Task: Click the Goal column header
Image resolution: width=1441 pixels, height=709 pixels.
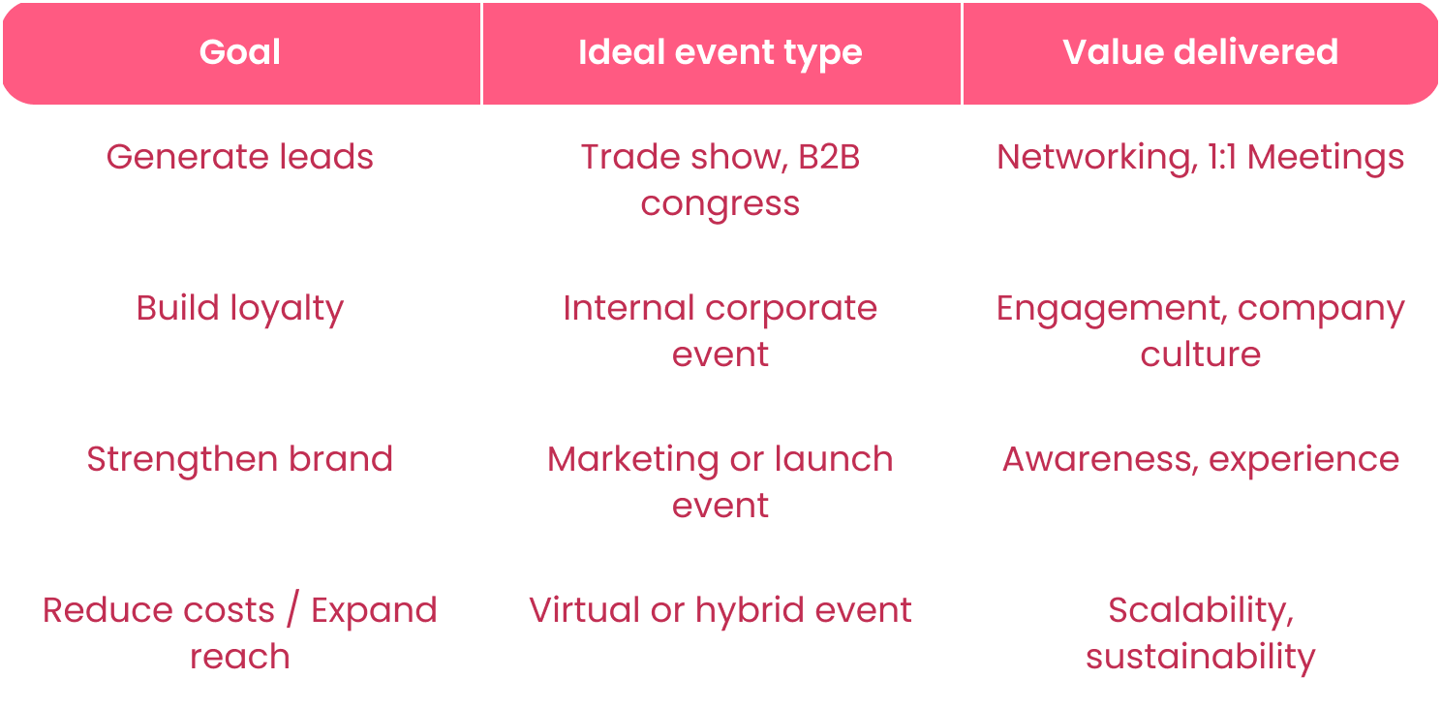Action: (240, 52)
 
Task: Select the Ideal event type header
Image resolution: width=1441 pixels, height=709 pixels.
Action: (720, 52)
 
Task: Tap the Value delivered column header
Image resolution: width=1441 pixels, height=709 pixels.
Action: (1200, 52)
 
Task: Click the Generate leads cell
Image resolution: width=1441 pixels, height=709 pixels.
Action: (240, 157)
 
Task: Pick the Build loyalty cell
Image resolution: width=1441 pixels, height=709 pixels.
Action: (240, 308)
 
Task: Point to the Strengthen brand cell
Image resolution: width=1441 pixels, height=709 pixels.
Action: (240, 459)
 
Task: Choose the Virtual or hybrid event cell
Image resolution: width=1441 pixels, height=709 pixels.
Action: (720, 610)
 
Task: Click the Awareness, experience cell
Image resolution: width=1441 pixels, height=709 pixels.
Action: (1200, 459)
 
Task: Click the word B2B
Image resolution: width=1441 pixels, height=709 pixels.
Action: (829, 157)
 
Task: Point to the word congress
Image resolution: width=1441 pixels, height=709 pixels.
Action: (720, 204)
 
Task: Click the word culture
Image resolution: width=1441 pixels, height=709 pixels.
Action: (1200, 355)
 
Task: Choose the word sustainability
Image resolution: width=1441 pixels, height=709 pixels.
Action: (1200, 658)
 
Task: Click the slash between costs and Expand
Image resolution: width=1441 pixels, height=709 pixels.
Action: (293, 611)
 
